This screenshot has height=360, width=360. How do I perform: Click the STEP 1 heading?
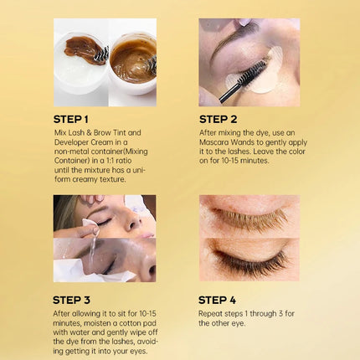click(71, 119)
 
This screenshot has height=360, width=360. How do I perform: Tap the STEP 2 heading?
click(218, 119)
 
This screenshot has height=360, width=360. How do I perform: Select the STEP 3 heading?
click(71, 300)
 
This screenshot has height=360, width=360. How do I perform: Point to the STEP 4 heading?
click(217, 300)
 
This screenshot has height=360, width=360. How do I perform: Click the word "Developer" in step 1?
click(71, 142)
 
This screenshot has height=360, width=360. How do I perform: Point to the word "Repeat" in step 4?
click(211, 314)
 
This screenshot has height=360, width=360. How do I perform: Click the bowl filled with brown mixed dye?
click(133, 64)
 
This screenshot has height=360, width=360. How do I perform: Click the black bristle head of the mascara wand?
click(253, 71)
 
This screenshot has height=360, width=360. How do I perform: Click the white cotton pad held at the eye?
click(91, 225)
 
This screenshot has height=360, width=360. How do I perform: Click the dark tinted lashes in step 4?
click(249, 262)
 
